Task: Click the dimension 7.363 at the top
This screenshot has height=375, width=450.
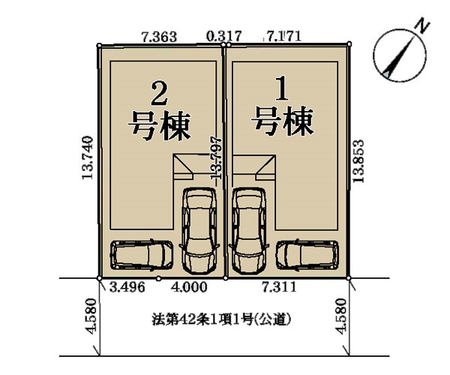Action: coord(159,37)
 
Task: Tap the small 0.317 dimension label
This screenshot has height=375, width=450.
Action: coord(224,36)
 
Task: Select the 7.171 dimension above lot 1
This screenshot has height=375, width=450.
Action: coord(283,36)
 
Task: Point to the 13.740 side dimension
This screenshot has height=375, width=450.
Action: coord(88,157)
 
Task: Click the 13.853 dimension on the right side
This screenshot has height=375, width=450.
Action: coord(358,160)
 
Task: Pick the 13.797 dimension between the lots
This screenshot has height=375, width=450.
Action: coord(217,158)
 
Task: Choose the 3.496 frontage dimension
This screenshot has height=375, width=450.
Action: coord(127,287)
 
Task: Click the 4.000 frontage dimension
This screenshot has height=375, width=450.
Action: coord(189,287)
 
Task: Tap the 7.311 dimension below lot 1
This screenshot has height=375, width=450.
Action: coord(279,287)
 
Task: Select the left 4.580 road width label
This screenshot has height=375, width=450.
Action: coord(91,316)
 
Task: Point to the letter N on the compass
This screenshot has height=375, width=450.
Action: coord(421,25)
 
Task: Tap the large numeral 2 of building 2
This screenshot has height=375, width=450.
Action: coord(159,94)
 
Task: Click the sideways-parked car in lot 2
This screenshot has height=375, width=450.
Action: coord(142,255)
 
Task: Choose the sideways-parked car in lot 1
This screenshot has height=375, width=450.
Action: coord(307,254)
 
